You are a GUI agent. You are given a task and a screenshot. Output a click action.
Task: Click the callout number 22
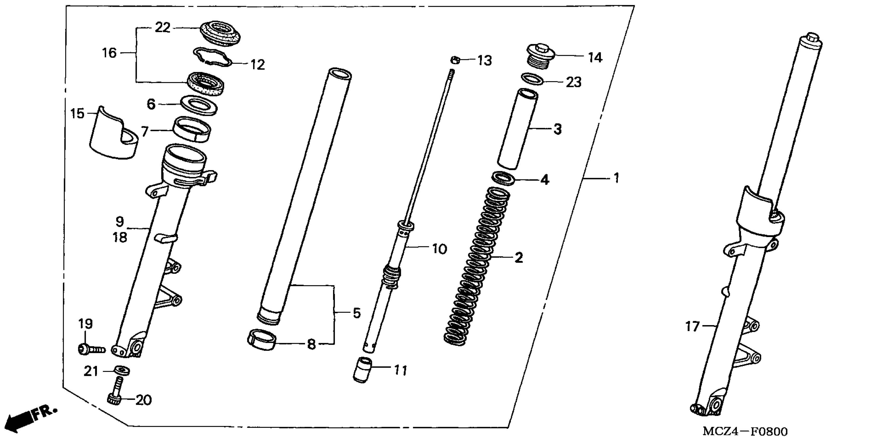162,28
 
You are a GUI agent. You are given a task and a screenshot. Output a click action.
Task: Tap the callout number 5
356,313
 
